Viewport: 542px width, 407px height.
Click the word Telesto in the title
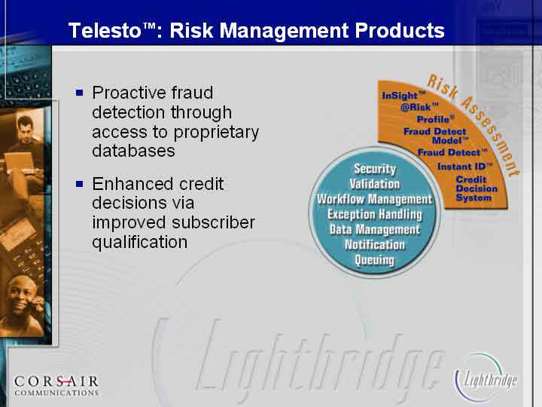(105, 30)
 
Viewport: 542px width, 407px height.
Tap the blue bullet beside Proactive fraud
(80, 93)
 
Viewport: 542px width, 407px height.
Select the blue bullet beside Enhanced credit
(80, 183)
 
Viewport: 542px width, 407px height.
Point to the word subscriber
(212, 222)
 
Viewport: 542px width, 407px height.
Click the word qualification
(140, 242)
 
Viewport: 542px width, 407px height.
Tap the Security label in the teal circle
(375, 169)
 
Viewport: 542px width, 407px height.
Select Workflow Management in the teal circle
(375, 199)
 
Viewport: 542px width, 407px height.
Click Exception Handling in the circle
(375, 215)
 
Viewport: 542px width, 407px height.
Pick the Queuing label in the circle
(375, 260)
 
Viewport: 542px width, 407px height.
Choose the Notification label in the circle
(375, 245)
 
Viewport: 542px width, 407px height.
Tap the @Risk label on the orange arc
(419, 107)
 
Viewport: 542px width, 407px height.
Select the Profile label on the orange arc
(436, 119)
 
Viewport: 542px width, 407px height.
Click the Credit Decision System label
(477, 188)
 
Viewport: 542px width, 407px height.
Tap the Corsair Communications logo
(56, 386)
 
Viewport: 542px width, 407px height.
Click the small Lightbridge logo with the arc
(486, 378)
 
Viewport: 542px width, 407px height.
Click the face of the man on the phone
(21, 295)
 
